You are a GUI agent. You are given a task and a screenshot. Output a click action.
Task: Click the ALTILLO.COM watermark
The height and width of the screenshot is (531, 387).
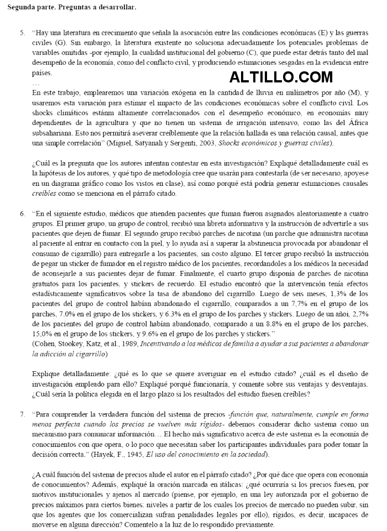click(x=281, y=77)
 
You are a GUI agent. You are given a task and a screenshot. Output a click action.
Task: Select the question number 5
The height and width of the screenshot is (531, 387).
click(x=22, y=33)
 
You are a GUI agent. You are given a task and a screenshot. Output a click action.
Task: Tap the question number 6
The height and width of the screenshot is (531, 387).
click(x=22, y=213)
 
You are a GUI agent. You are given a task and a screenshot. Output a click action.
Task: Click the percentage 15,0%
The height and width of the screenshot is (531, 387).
click(x=43, y=334)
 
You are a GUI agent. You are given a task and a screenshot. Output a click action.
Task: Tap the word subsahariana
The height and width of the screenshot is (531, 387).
click(x=54, y=133)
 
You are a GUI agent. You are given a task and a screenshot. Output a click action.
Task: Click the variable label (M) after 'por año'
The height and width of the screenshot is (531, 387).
click(x=352, y=93)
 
